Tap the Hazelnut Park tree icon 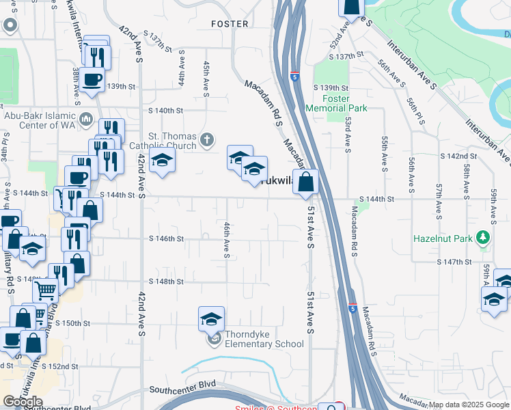[x=484, y=238]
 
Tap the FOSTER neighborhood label [x=230, y=23]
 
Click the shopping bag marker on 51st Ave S [x=307, y=182]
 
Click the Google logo [x=23, y=402]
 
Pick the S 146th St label [x=167, y=238]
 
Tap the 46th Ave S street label [x=226, y=239]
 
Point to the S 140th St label [x=167, y=110]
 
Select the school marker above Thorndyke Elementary [x=211, y=319]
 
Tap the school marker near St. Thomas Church [x=162, y=161]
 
